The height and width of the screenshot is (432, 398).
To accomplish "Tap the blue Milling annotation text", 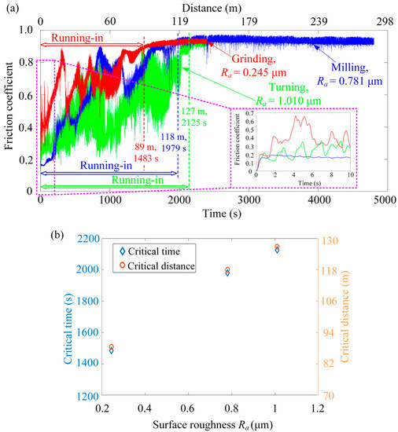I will coord(343,62).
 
